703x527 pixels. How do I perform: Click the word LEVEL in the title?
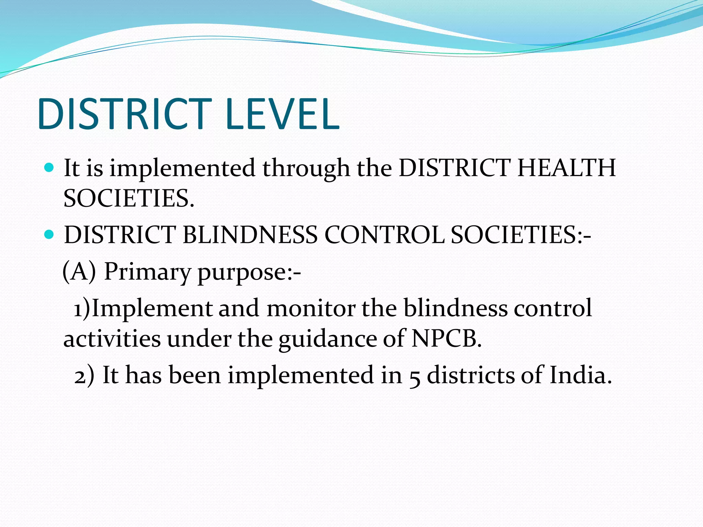[283, 114]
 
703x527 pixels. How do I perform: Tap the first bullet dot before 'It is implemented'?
[49, 168]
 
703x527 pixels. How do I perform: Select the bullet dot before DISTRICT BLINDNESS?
[49, 235]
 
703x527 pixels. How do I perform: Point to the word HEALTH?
[566, 168]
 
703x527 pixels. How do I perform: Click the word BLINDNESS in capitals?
[250, 235]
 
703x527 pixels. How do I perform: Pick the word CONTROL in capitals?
[384, 235]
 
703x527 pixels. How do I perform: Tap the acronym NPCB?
[446, 338]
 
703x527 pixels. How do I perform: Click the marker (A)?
[79, 271]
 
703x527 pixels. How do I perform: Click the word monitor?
[311, 308]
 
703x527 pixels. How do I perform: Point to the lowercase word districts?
[471, 375]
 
